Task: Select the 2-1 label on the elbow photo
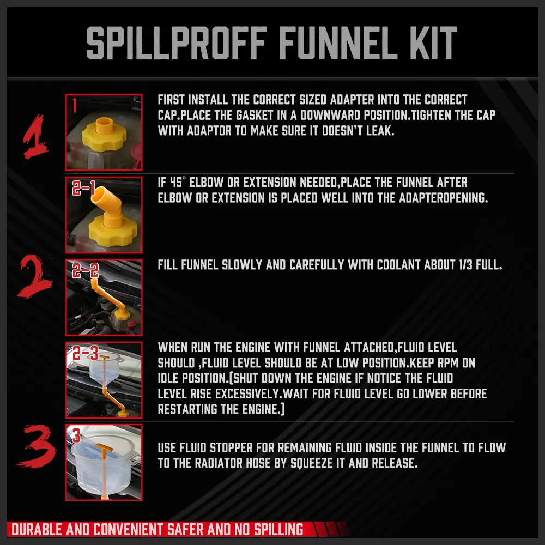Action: point(84,189)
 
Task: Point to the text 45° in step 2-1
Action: point(180,183)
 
